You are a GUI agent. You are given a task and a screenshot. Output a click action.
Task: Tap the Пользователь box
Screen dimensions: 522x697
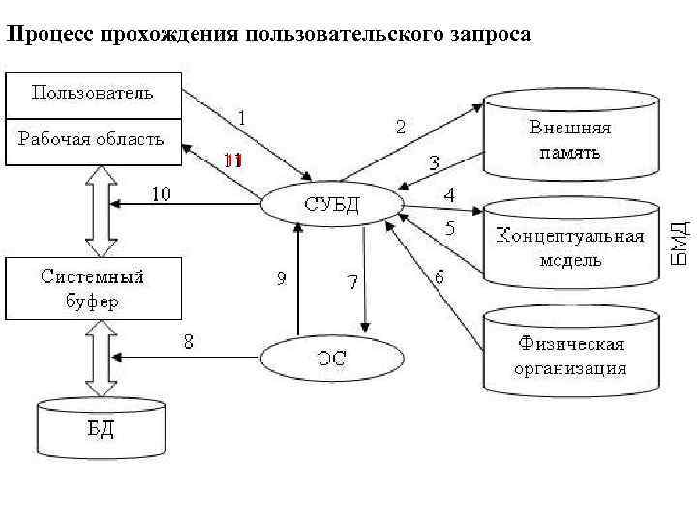93,94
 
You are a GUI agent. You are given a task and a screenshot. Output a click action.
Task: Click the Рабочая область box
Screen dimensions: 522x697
93,139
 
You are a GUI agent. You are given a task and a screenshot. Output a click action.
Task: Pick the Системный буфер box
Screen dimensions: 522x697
93,288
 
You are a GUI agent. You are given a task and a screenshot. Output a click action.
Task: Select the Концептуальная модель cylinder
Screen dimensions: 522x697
570,247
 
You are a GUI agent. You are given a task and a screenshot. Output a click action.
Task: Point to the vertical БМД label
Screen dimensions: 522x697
681,243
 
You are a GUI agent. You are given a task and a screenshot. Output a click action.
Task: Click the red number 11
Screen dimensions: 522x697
232,160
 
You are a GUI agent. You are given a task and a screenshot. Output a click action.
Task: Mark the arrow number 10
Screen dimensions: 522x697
160,194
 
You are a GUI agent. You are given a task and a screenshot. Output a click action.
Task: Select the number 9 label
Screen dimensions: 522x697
281,278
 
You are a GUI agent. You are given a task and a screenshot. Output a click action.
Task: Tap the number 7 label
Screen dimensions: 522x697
352,282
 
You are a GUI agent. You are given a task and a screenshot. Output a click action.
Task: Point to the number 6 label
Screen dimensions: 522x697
439,277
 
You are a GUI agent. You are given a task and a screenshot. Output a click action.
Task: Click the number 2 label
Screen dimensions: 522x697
401,126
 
